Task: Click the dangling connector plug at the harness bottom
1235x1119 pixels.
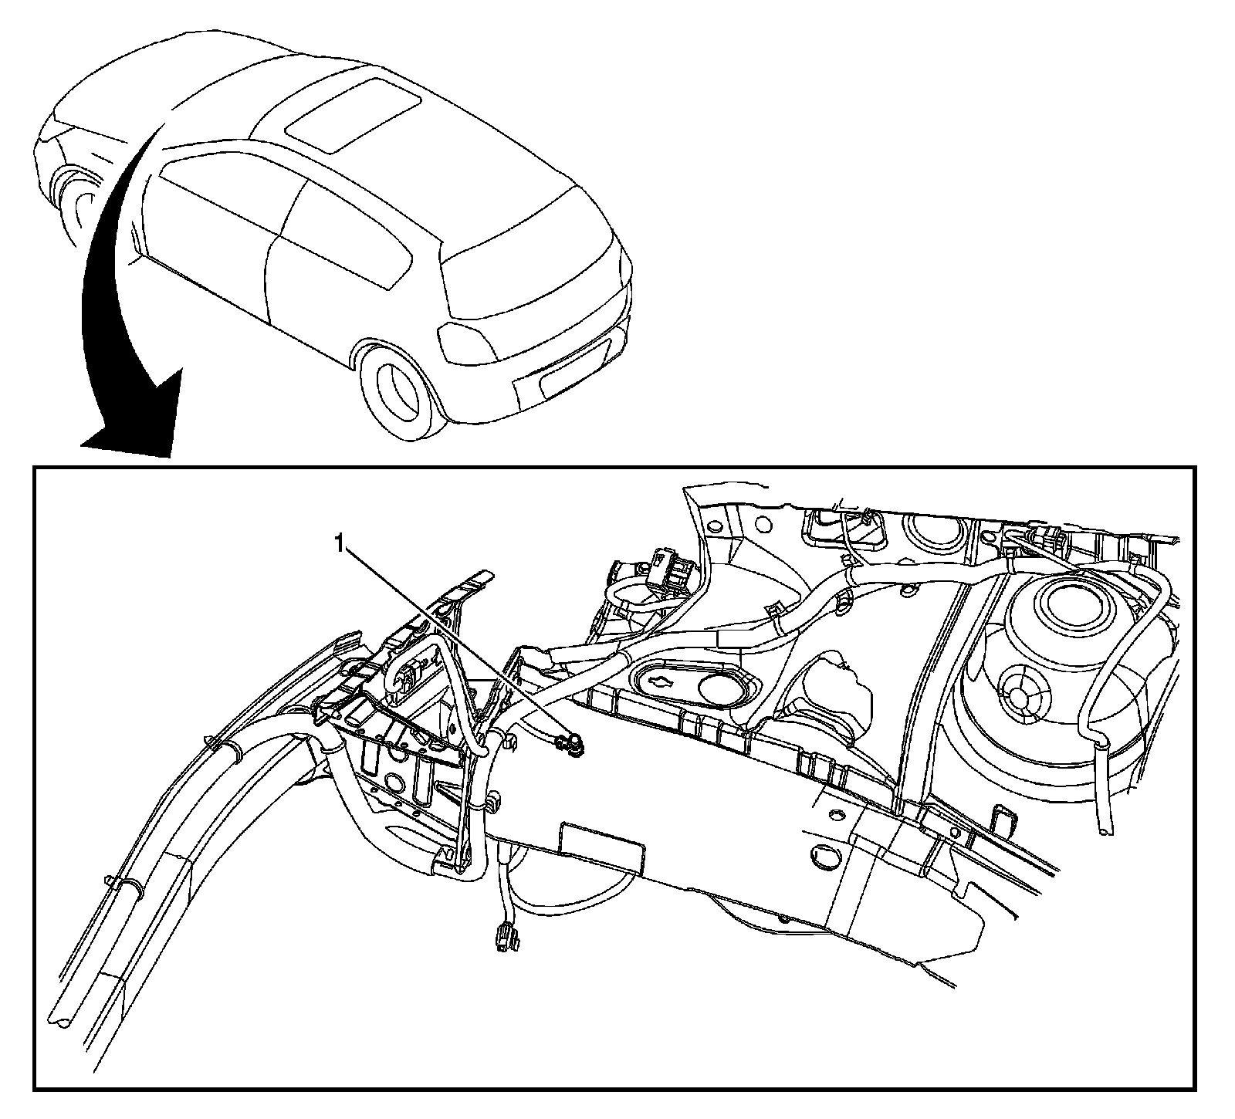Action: click(x=502, y=942)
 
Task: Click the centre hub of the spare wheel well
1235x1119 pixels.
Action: click(x=1020, y=698)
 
